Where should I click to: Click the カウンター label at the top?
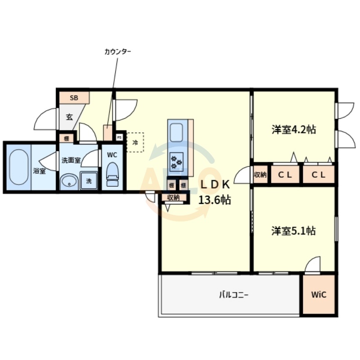(x=118, y=52)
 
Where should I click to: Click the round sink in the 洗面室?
(x=68, y=181)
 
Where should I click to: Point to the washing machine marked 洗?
(x=89, y=181)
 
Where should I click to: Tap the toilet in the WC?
(x=112, y=175)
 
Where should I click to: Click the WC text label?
(x=112, y=154)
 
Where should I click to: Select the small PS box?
(x=119, y=137)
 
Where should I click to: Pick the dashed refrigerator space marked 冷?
(x=135, y=143)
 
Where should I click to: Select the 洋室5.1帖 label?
(x=293, y=231)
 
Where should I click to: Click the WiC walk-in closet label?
(x=319, y=295)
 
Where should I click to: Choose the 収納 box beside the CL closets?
(x=260, y=175)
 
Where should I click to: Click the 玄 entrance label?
(x=69, y=117)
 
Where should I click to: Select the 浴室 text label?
(x=39, y=171)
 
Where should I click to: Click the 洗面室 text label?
(x=71, y=160)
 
